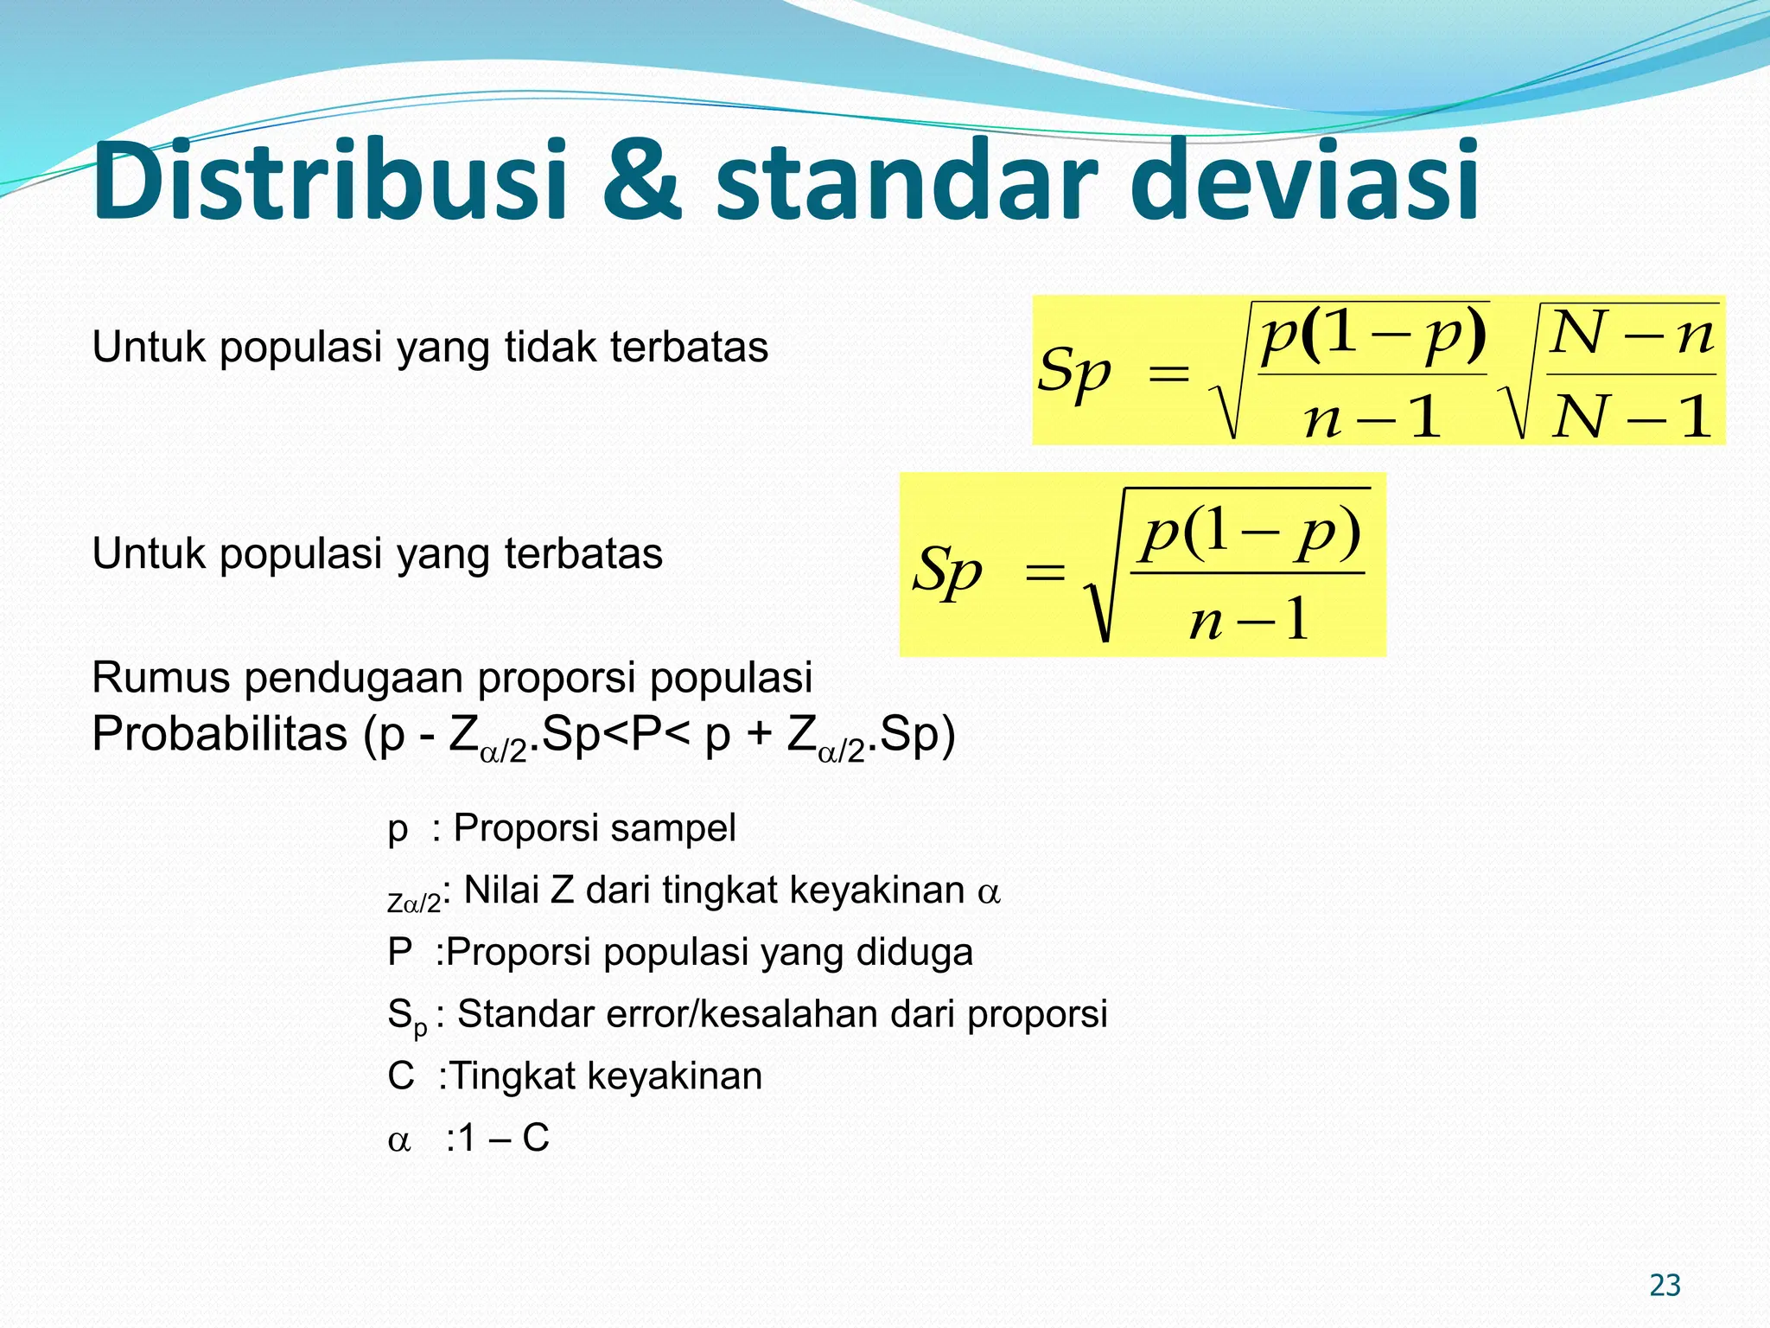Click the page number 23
tap(1665, 1286)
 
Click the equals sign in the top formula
tap(1168, 374)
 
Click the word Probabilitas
tap(220, 735)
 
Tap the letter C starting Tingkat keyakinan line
tap(401, 1076)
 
